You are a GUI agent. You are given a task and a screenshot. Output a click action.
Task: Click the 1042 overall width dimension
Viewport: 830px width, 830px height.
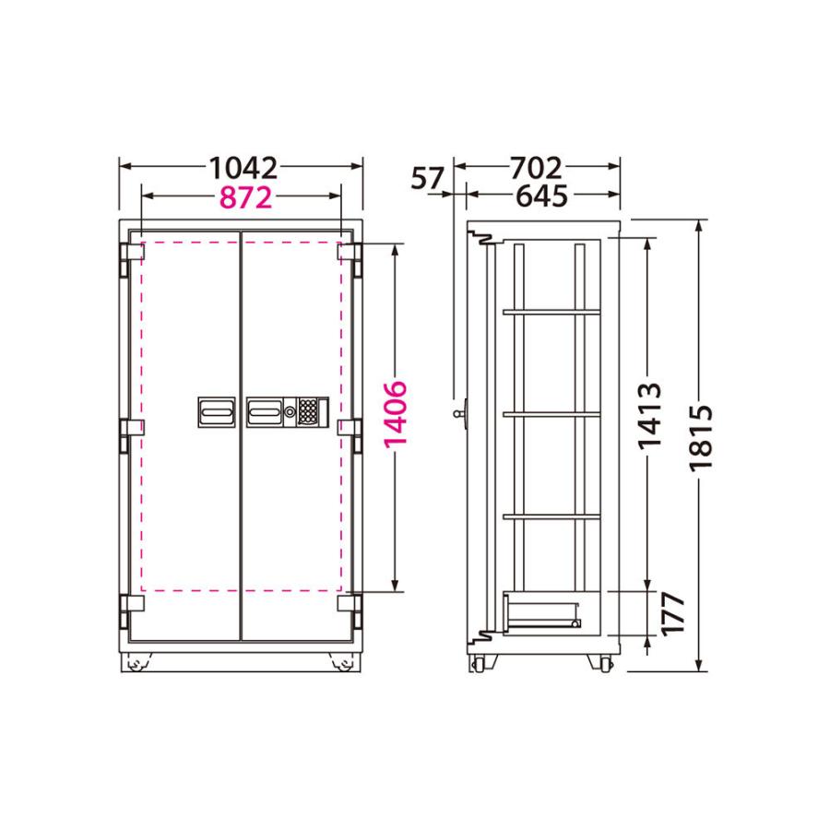243,168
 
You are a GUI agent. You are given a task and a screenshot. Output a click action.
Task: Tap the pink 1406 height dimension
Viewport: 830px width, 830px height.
396,413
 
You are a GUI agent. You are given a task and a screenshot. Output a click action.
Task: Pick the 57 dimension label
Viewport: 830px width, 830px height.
427,178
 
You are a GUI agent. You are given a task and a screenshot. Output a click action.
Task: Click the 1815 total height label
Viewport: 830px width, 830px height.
703,438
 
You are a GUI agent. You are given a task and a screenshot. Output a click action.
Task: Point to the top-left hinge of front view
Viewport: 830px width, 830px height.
129,253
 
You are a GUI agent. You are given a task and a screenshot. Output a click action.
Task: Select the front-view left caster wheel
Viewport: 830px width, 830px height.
140,663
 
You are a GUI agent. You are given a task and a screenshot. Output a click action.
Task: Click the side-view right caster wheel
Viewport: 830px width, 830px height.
605,662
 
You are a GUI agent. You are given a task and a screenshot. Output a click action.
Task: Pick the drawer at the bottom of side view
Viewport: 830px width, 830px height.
542,612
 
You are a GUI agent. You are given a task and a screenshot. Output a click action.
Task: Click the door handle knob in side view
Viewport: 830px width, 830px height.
461,415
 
